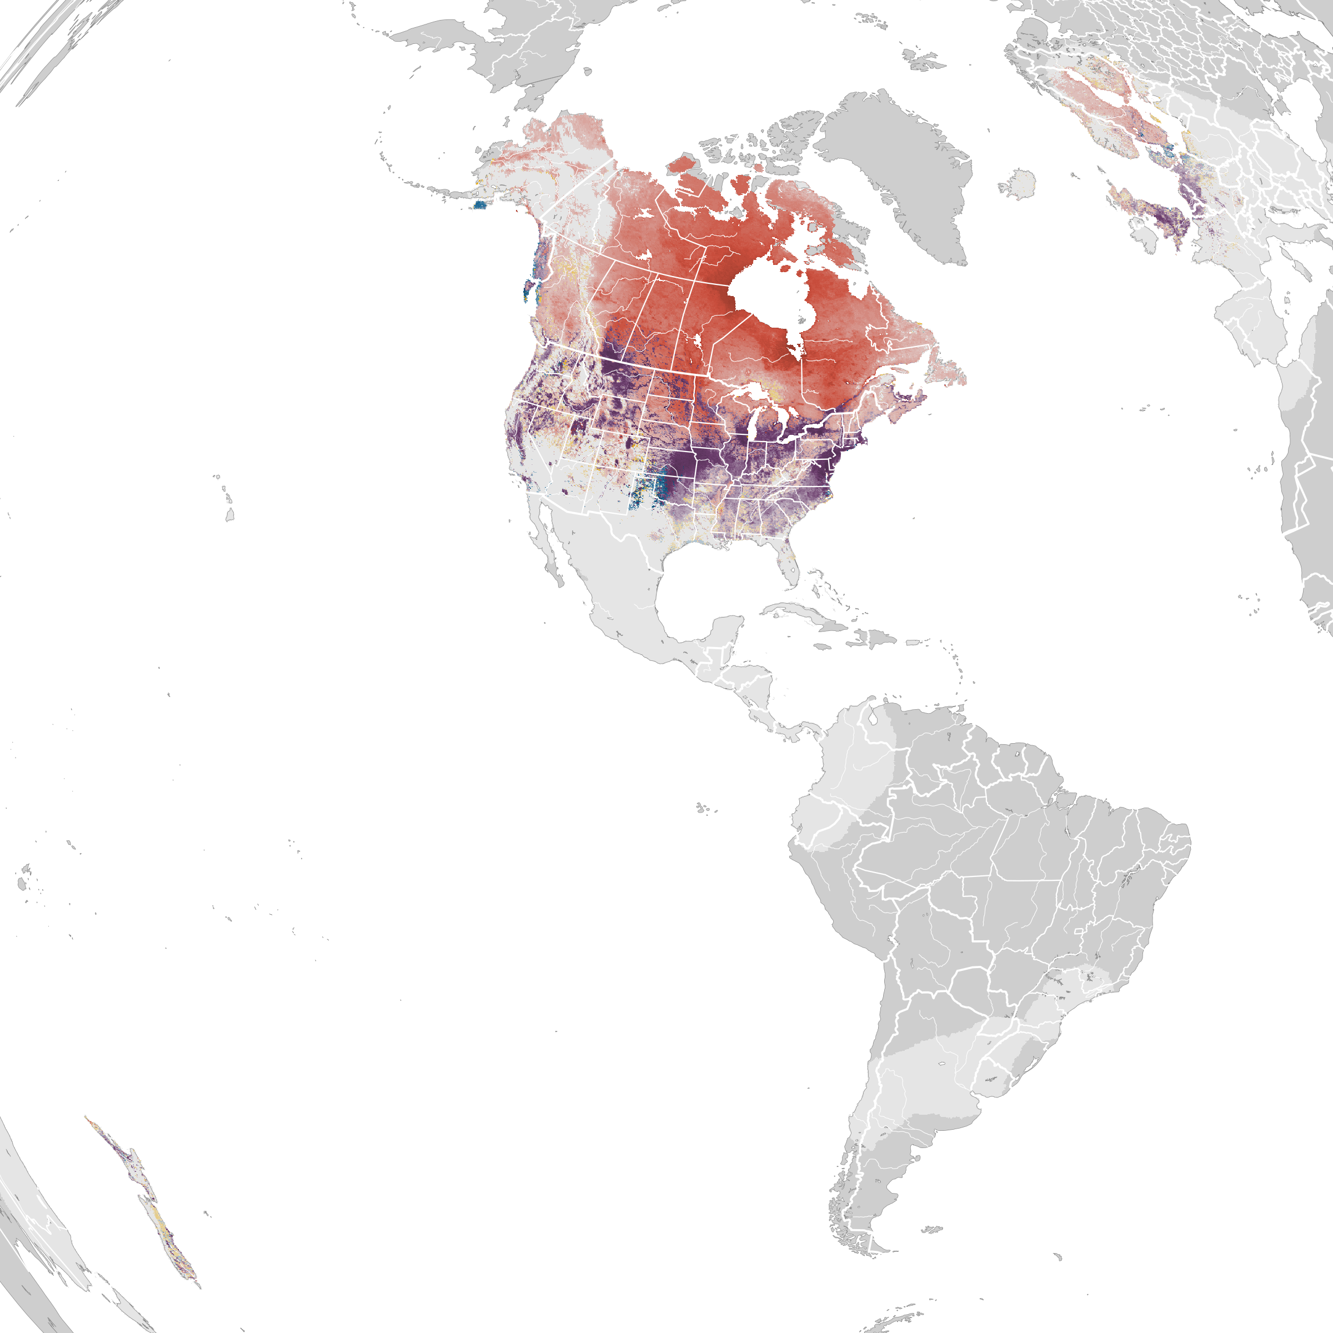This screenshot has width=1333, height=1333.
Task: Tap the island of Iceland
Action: [1017, 184]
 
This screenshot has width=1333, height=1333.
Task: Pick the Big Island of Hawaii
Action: [230, 515]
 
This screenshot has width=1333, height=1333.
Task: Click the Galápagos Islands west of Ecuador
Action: [703, 807]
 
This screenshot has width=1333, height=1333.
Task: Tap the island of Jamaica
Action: [823, 647]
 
